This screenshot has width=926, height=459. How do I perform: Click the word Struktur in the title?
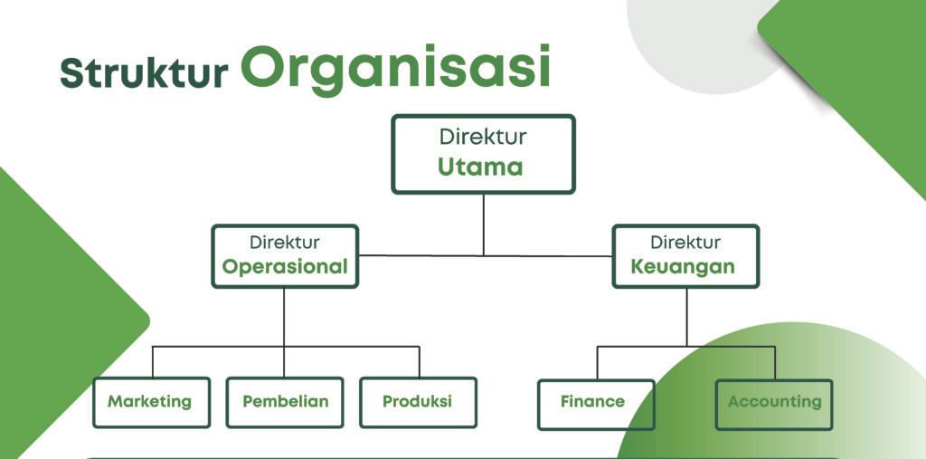[x=144, y=73]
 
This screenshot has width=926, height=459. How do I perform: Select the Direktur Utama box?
[x=483, y=153]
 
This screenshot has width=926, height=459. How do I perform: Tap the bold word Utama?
[x=481, y=167]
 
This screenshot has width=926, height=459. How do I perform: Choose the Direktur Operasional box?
[x=285, y=255]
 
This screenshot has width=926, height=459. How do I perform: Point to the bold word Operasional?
[x=285, y=267]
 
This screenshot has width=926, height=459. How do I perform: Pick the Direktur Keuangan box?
[x=685, y=255]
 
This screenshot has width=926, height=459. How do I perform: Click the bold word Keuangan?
[x=683, y=267]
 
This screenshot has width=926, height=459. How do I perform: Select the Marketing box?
[x=151, y=402]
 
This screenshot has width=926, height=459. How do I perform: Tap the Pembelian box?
[x=285, y=402]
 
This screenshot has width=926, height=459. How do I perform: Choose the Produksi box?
[x=417, y=402]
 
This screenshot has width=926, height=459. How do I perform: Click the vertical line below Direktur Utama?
[x=483, y=224]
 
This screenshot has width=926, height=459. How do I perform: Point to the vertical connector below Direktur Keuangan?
[x=685, y=316]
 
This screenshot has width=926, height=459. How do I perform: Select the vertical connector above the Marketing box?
[x=152, y=361]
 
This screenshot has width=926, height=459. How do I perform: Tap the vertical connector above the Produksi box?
[x=419, y=361]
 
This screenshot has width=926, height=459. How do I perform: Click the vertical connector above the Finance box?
[x=597, y=362]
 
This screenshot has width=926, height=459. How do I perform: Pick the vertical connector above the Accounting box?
[x=775, y=362]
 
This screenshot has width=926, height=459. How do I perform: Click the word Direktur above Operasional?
[x=285, y=243]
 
